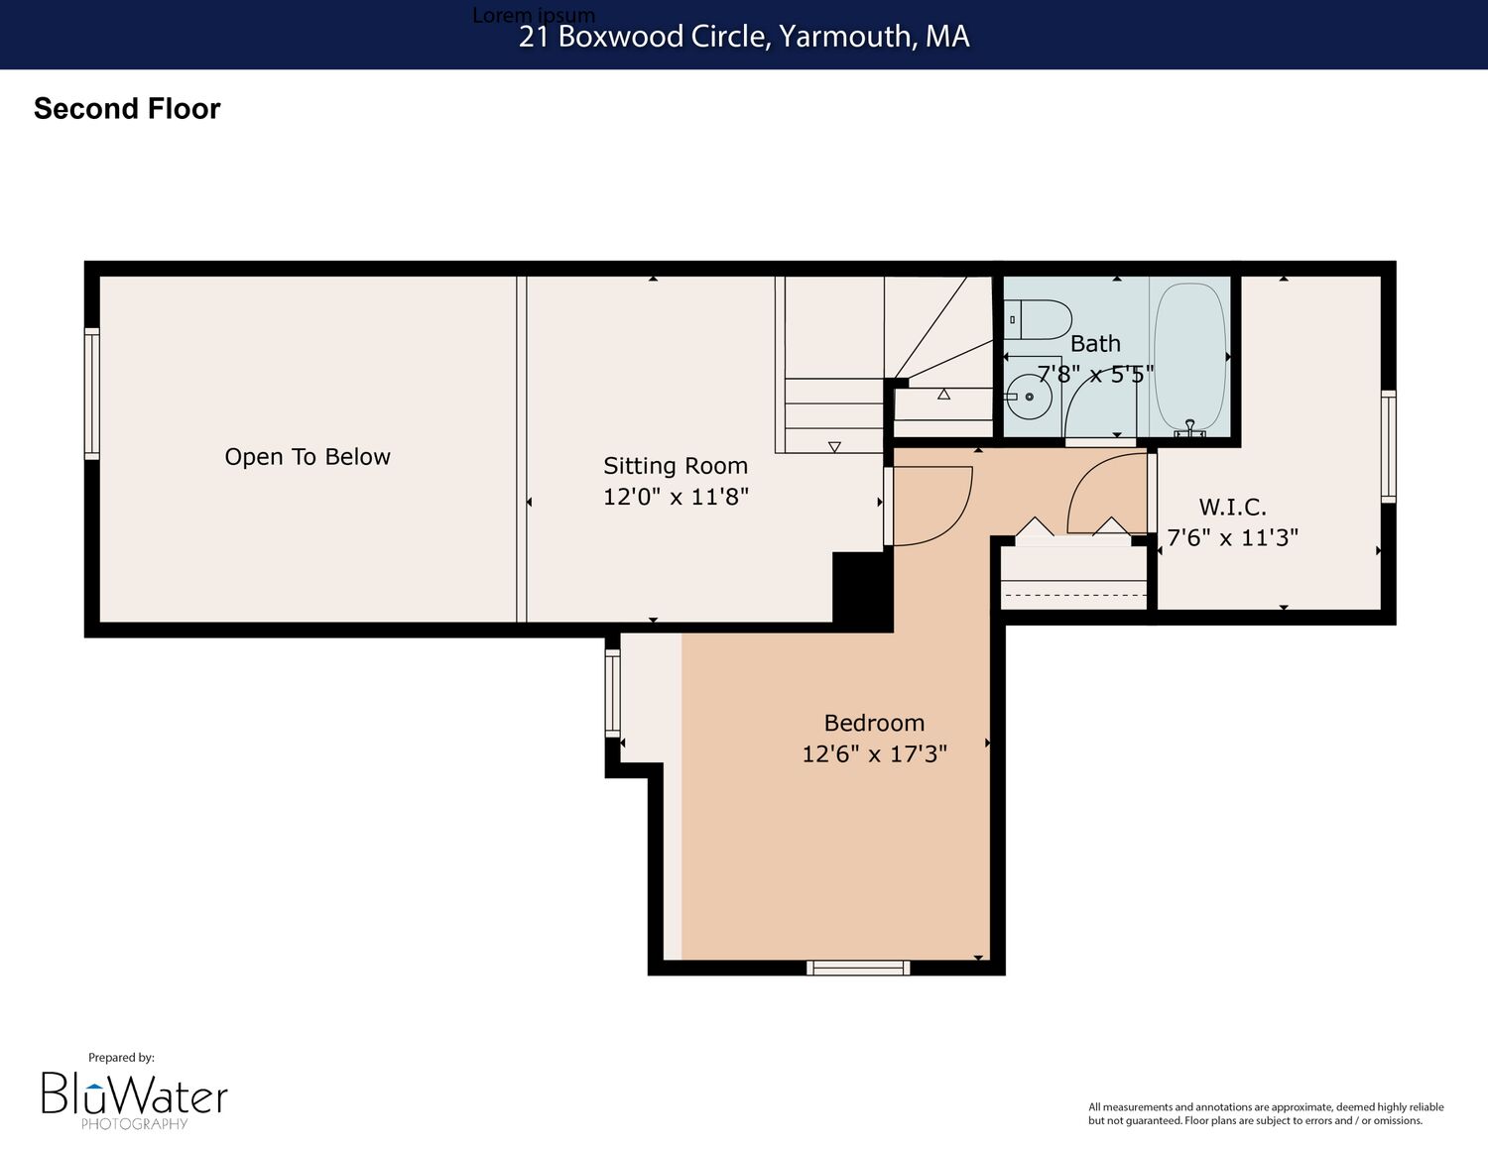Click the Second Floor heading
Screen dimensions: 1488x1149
click(127, 109)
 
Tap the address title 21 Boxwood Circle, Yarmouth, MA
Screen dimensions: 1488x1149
click(744, 37)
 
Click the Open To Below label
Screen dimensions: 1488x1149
click(308, 456)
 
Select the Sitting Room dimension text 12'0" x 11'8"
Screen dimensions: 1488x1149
click(676, 496)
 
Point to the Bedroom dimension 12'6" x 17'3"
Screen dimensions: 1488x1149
click(875, 753)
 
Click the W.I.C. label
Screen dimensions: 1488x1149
click(1233, 508)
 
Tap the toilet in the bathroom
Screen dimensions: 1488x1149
click(1038, 319)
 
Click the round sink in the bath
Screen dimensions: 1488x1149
click(1029, 397)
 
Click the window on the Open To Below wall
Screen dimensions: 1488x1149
click(91, 394)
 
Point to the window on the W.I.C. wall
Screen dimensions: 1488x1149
click(1388, 446)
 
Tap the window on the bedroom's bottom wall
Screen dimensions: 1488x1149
click(858, 968)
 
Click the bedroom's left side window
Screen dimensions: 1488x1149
click(612, 693)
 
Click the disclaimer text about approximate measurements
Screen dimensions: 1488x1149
click(1266, 1113)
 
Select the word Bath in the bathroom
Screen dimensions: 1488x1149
click(1095, 344)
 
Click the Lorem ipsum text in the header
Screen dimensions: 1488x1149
click(534, 14)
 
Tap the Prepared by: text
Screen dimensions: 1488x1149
click(121, 1058)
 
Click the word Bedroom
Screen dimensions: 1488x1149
click(874, 723)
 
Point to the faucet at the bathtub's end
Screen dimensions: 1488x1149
click(1190, 429)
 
